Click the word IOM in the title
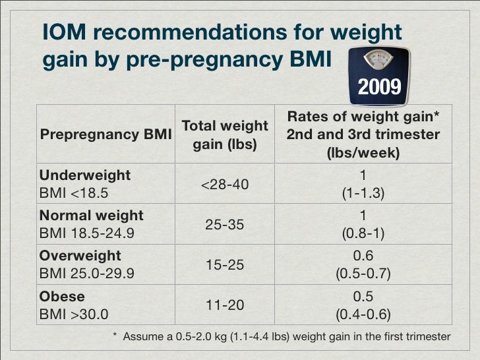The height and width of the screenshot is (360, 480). tap(65, 32)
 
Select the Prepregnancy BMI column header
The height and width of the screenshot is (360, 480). tap(105, 135)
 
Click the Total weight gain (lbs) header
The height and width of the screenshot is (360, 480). tap(224, 135)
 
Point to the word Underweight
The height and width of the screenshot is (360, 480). tap(85, 175)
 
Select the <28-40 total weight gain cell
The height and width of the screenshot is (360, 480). tap(224, 185)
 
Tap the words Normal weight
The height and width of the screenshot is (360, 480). tap(92, 215)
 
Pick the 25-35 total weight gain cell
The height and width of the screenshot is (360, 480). tap(224, 225)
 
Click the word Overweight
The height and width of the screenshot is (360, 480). tap(80, 255)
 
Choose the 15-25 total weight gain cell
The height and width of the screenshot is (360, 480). tap(224, 265)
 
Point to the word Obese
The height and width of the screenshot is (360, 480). tap(62, 296)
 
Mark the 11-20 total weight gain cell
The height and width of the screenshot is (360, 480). tap(224, 305)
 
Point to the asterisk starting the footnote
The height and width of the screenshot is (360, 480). tap(115, 336)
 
